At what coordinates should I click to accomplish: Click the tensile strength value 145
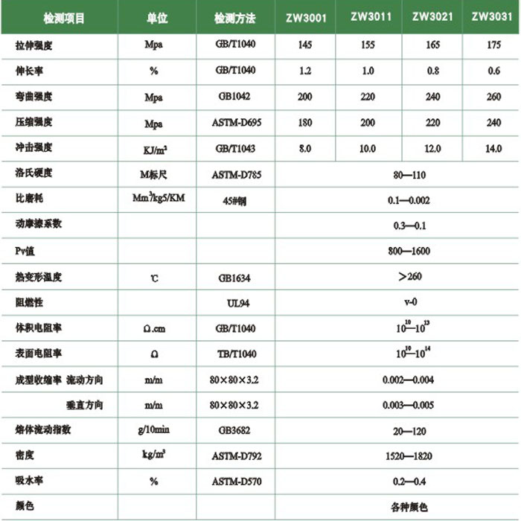(x=305, y=45)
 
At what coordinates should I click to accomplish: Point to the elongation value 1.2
(x=305, y=71)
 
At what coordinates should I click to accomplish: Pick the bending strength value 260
(x=493, y=97)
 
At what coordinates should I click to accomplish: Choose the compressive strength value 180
(x=305, y=123)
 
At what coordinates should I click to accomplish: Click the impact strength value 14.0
(x=493, y=149)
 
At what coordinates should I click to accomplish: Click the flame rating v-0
(x=413, y=303)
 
